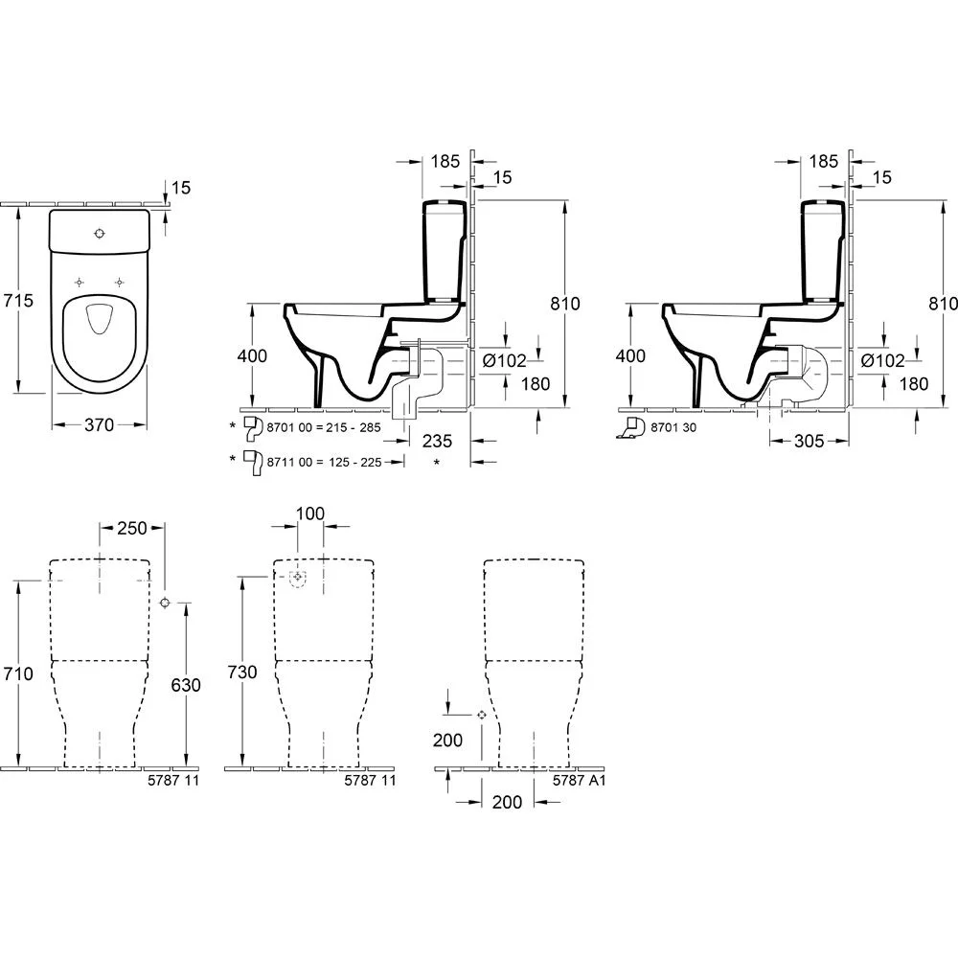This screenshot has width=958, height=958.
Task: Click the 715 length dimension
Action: [x=18, y=300]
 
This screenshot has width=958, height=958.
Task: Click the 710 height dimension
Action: [x=18, y=673]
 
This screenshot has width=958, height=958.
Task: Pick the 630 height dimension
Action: [x=185, y=685]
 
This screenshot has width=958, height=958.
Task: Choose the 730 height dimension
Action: [x=242, y=673]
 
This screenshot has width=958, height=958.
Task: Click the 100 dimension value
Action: [x=309, y=514]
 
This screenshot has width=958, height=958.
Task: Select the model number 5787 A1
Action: [x=580, y=781]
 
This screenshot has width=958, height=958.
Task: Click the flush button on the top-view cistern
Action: [x=99, y=233]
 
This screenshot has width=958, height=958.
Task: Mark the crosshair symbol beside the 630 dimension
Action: [x=165, y=603]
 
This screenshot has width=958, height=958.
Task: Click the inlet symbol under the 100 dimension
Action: [x=299, y=578]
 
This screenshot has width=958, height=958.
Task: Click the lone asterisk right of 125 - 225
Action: [x=437, y=463]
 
